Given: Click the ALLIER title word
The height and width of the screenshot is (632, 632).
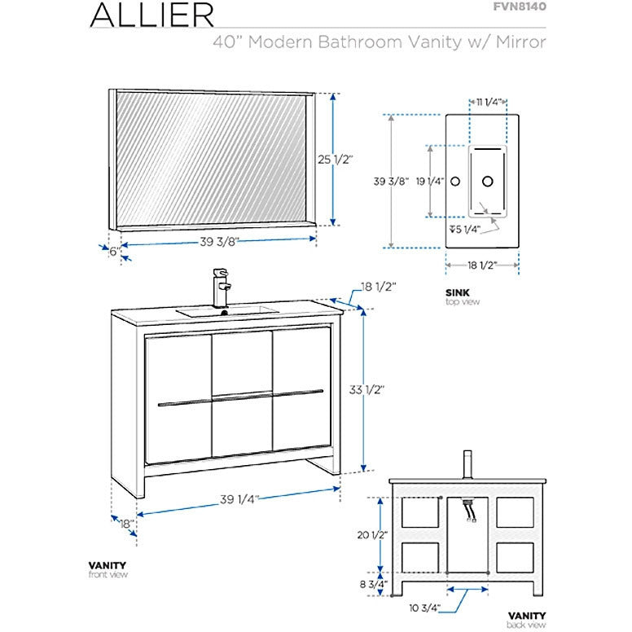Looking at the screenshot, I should coord(152,15).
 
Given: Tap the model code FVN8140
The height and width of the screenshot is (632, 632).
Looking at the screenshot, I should coord(519,7).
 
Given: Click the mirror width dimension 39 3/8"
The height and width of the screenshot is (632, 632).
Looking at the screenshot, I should coord(218,241).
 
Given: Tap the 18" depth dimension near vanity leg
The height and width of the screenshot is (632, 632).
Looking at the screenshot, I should coord(125,524).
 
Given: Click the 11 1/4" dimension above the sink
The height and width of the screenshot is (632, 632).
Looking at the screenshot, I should coord(488,102).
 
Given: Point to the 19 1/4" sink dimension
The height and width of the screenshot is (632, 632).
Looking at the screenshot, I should coord(429,181).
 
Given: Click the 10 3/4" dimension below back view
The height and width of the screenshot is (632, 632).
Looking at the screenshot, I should coord(426,607).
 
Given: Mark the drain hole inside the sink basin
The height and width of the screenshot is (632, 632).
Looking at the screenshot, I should coord(489,180).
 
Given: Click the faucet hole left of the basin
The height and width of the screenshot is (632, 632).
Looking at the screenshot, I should coord(456,180).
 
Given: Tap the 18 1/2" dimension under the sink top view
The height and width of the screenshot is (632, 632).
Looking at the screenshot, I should coord(482,265).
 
